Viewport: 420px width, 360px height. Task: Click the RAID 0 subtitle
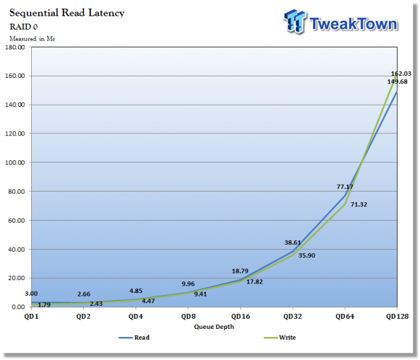[x=25, y=26]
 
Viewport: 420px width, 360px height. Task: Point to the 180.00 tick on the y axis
[x=15, y=47]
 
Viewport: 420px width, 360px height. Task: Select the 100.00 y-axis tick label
[x=15, y=163]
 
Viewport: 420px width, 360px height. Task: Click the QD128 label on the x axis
[x=396, y=316]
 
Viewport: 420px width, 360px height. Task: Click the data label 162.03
[x=401, y=74]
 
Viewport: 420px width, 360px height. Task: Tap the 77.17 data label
[x=345, y=187]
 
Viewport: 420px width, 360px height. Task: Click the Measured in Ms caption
[x=32, y=39]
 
